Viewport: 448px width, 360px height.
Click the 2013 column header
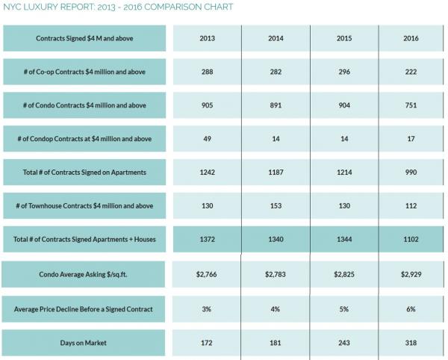tap(208, 38)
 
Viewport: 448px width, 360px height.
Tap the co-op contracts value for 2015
tap(344, 72)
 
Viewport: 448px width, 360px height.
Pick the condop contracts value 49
tap(208, 139)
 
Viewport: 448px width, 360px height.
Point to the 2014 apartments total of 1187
tap(276, 173)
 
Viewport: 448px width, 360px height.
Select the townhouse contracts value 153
tap(276, 206)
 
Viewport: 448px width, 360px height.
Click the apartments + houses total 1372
tap(208, 240)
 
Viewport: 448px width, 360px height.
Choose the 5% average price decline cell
tap(344, 308)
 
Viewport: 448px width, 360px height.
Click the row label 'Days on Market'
tap(84, 343)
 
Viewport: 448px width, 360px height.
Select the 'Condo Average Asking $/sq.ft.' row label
tap(84, 274)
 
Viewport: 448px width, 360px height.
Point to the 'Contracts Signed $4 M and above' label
tap(84, 38)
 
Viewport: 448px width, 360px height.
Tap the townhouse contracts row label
tap(84, 206)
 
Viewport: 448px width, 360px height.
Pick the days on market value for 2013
tap(208, 343)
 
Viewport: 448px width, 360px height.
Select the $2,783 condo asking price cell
tap(276, 274)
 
